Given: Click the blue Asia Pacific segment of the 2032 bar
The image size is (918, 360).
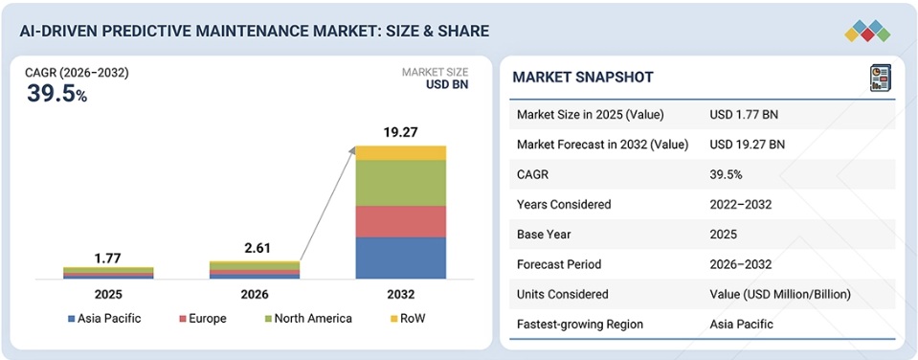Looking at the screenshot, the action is [x=401, y=258].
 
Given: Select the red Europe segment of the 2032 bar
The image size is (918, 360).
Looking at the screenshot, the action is [x=401, y=221].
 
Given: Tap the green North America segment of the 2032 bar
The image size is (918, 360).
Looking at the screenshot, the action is [x=401, y=183].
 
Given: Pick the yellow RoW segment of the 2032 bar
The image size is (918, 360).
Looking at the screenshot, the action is [x=401, y=153].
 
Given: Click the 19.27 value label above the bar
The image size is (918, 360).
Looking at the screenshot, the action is [x=400, y=132].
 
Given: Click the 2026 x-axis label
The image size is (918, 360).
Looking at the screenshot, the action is [x=255, y=294].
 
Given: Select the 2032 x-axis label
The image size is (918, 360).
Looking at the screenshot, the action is [x=400, y=294].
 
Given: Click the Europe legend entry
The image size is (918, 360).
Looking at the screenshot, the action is [x=203, y=319].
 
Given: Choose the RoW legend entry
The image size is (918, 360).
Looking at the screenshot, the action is [x=408, y=319].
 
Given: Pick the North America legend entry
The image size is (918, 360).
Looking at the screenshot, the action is [x=308, y=319].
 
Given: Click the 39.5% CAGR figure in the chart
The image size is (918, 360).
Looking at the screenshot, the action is [x=56, y=94].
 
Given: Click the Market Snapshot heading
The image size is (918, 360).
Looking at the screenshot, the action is [x=583, y=78].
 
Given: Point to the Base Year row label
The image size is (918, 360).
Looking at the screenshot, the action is [x=544, y=235].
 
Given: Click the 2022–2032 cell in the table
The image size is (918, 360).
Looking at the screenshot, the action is [x=740, y=204].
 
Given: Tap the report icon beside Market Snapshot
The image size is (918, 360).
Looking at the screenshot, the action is [x=880, y=78].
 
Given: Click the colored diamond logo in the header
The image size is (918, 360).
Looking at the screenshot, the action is [x=867, y=31].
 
